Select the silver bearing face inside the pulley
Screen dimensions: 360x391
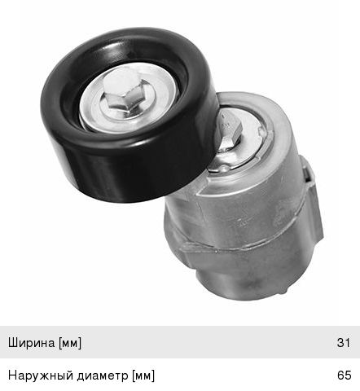pos(129,99)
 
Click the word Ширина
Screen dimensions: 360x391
pos(32,343)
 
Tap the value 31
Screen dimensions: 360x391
pos(344,343)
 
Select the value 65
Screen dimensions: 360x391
pos(344,376)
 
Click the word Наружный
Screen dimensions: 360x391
pos(41,376)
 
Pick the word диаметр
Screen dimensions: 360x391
pos(103,376)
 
